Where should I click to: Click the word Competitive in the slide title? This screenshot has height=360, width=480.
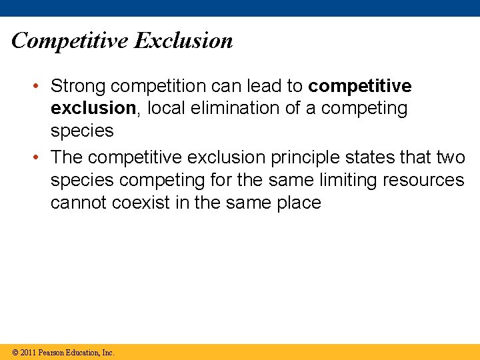69,41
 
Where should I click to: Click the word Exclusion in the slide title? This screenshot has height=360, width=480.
183,41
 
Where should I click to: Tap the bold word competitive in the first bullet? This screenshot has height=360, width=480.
361,87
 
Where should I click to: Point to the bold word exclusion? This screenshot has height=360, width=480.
93,109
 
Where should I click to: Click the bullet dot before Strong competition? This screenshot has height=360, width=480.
41,87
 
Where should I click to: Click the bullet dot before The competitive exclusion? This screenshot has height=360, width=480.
41,157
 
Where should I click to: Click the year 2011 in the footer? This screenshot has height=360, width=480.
28,353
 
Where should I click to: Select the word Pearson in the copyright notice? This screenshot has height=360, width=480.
53,353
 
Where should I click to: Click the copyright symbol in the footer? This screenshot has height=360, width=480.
15,353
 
